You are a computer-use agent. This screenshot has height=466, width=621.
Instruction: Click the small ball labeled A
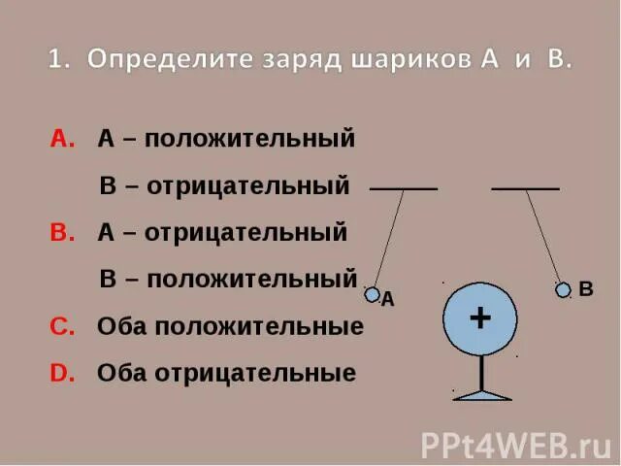[x=372, y=294]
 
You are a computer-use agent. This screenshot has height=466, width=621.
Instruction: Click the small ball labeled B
[x=563, y=289]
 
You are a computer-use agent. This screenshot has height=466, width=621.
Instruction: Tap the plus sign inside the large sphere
[x=479, y=318]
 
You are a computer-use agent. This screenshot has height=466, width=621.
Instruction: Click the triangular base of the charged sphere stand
[x=482, y=394]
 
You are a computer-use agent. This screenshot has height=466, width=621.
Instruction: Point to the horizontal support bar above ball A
[x=404, y=188]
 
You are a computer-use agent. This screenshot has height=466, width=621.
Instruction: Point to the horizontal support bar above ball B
[x=525, y=188]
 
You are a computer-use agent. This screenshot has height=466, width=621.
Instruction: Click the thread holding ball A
[x=388, y=238]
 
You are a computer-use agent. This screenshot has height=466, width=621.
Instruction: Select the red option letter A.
[x=61, y=140]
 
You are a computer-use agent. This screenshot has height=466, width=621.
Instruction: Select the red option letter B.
[x=61, y=233]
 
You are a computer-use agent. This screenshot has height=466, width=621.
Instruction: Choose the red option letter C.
[x=61, y=327]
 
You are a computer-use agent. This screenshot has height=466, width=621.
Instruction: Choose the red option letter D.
[x=61, y=374]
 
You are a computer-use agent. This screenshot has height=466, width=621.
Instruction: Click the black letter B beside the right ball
[x=585, y=289]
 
